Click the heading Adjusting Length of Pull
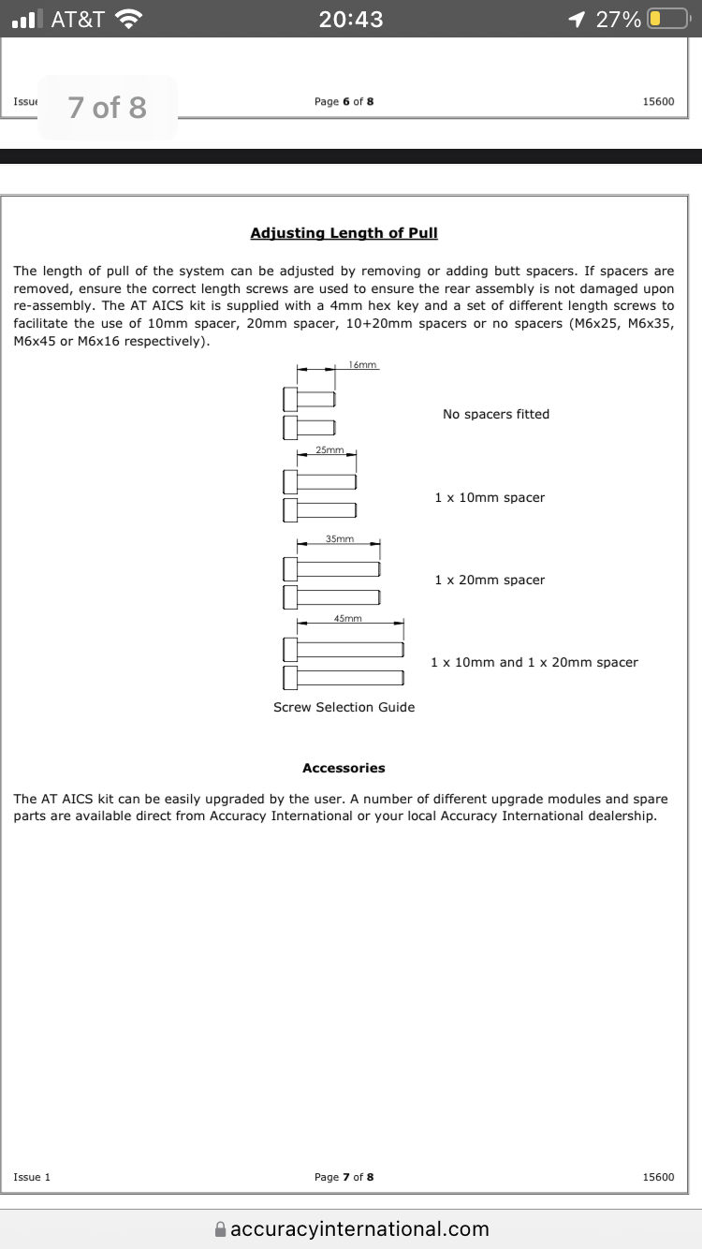[344, 232]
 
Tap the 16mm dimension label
[362, 364]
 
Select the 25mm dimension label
[329, 450]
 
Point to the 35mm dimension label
[340, 538]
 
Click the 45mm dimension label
[347, 618]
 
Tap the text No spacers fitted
[496, 414]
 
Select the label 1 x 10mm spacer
[490, 497]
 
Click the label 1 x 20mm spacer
[490, 580]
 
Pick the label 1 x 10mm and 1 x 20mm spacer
[534, 662]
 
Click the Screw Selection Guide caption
[344, 707]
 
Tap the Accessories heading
[344, 768]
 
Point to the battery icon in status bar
[666, 19]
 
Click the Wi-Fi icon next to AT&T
[129, 19]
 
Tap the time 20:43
[351, 19]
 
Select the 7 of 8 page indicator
[108, 108]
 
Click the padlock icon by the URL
[220, 1229]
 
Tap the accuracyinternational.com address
[359, 1228]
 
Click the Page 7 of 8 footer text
[344, 1177]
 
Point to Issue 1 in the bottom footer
[32, 1177]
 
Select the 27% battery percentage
[619, 19]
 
